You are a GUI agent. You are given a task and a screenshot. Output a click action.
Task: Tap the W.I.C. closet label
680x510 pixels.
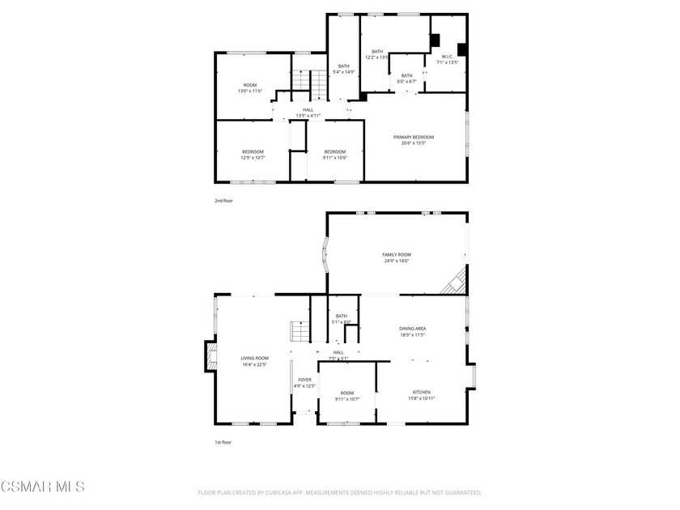447,59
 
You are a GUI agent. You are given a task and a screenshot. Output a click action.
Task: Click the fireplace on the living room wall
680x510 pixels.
211,356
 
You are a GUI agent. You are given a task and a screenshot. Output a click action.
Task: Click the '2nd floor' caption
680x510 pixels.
223,200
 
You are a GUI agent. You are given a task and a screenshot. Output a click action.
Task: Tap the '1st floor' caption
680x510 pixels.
223,443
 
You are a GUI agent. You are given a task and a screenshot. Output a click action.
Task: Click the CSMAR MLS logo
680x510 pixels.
42,487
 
